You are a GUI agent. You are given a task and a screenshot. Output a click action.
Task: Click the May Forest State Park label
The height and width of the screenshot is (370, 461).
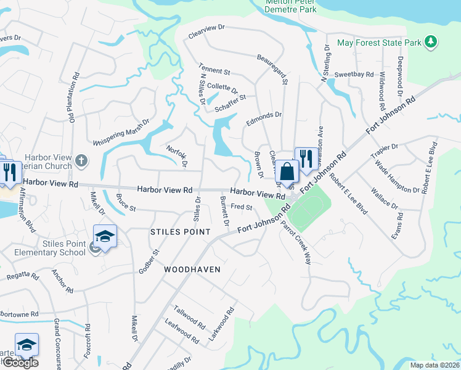(379, 43)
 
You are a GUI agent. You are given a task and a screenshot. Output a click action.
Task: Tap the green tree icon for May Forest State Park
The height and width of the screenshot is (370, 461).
(431, 43)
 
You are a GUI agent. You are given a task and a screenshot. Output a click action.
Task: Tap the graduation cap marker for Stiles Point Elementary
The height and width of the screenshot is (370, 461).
(105, 237)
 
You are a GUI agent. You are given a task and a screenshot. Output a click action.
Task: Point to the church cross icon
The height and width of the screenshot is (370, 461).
(81, 161)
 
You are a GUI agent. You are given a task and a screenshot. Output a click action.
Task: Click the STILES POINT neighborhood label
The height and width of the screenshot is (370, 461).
(181, 231)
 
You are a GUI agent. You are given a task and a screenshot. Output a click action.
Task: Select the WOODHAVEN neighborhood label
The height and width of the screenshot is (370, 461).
(192, 270)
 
